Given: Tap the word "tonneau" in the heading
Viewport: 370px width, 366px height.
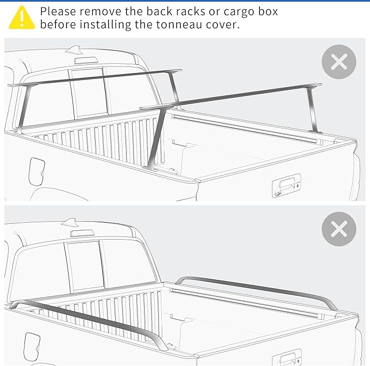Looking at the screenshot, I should [x=172, y=25].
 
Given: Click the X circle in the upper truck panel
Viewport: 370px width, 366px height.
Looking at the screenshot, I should [x=338, y=62].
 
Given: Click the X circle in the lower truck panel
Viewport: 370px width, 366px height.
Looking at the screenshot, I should [x=338, y=229].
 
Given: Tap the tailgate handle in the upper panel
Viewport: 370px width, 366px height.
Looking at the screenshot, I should [x=286, y=186].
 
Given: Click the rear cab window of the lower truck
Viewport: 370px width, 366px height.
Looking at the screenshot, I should [x=84, y=267].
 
